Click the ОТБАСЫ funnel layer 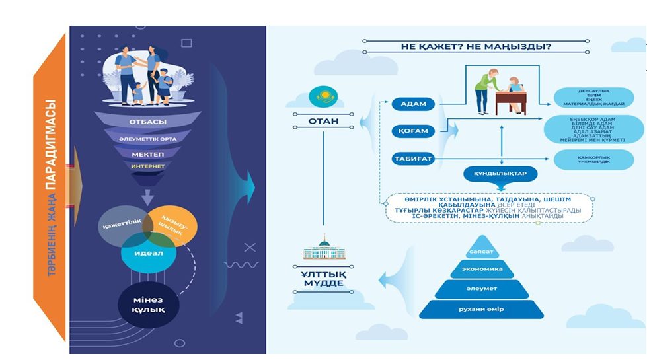147,122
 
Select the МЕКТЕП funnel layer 147,153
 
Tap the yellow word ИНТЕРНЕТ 147,166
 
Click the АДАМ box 414,104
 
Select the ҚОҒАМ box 414,131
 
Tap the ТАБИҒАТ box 414,159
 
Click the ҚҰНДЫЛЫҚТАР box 500,174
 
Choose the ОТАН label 323,122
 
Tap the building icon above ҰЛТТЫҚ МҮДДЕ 323,249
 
